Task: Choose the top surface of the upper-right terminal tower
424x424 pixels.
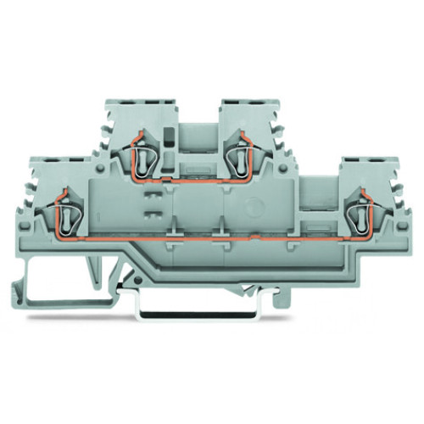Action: [x=247, y=103]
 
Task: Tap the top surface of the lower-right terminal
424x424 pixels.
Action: [x=366, y=159]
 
